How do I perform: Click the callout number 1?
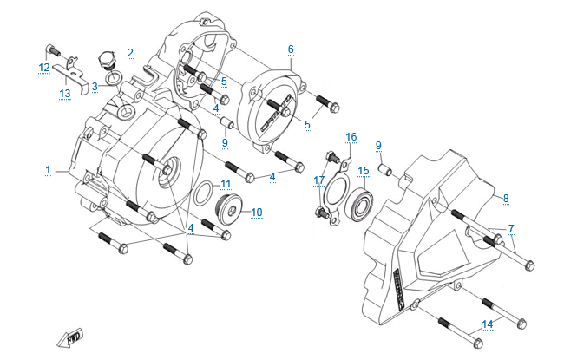pos(49,169)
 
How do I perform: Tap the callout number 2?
pos(130,53)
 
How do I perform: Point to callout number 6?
pos(291,49)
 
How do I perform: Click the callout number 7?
pos(511,229)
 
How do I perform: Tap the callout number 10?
pos(257,211)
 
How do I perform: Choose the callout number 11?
pos(226,184)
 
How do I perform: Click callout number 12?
pos(43,67)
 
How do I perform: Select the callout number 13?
pos(64,93)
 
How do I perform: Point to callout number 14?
pos(488,324)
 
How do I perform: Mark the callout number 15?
pos(364,171)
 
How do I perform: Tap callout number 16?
pos(351,137)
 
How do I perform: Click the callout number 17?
pos(319,180)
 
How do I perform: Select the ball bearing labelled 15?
pos(359,207)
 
